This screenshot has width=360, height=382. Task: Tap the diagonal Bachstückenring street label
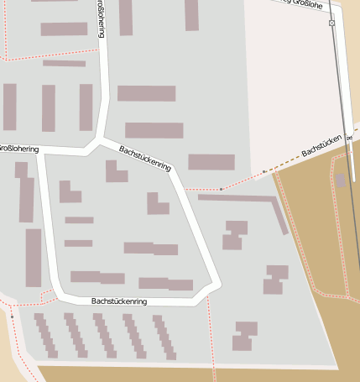point(145,158)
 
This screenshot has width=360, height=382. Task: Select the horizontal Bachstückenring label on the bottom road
point(119,301)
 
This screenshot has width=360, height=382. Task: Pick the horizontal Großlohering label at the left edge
point(18,149)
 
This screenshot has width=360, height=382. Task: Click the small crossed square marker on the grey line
point(331,24)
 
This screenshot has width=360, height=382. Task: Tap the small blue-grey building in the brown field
point(340,180)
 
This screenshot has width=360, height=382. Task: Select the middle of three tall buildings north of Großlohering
point(49,107)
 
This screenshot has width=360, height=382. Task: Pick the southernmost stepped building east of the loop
point(244,335)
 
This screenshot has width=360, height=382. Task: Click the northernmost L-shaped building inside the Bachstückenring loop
point(115,171)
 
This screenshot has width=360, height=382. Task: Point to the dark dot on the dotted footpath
point(222,190)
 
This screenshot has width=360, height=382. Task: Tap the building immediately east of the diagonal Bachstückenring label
point(211,161)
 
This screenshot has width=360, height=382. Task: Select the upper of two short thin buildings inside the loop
point(79,220)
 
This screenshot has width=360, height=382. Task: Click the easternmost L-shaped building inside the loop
point(156,203)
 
